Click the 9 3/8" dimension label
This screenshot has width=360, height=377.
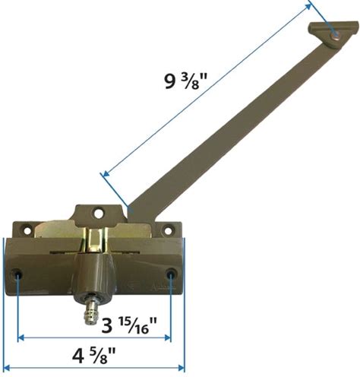coord(186,81)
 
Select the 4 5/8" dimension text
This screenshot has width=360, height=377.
coord(93,356)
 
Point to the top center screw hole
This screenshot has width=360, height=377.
coord(98,213)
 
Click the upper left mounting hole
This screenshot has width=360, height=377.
coord(27,230)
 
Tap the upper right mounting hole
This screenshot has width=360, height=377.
coord(168,230)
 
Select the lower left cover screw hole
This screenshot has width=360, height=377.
coord(17,274)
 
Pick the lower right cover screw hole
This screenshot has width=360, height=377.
coord(171,274)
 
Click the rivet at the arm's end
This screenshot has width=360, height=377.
coord(335,36)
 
